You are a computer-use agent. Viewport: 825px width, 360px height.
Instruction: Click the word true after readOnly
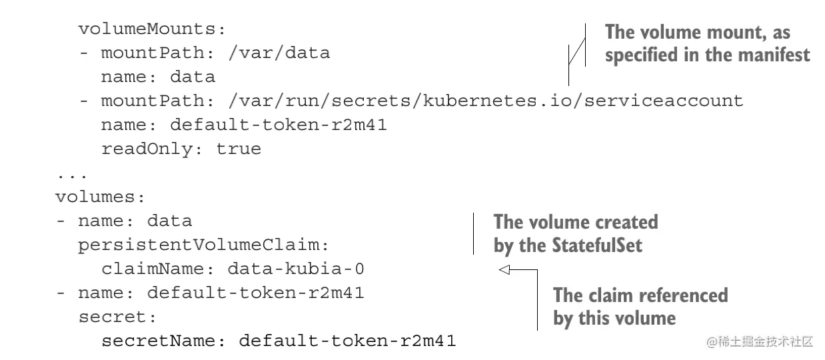tap(238, 149)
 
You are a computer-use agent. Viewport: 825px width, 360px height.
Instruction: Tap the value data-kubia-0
tap(296, 269)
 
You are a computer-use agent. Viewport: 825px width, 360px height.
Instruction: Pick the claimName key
tap(157, 269)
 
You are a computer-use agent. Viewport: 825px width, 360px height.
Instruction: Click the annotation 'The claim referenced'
tap(640, 295)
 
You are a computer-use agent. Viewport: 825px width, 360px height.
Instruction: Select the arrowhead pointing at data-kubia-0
tap(504, 270)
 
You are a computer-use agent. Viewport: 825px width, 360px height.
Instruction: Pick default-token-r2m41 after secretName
tap(347, 341)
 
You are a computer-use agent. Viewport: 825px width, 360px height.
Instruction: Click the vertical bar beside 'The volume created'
tap(473, 233)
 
